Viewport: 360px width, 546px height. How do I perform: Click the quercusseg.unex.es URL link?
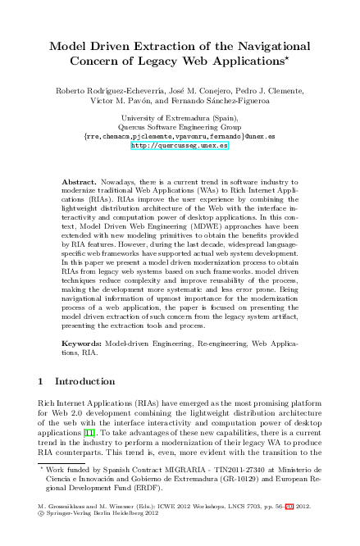(x=180, y=148)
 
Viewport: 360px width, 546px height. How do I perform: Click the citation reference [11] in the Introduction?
(x=98, y=430)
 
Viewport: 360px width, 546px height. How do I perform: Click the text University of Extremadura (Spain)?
(x=180, y=119)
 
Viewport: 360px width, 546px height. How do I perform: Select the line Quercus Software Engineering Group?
(x=180, y=128)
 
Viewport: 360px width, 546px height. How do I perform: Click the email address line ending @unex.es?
(x=180, y=138)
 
